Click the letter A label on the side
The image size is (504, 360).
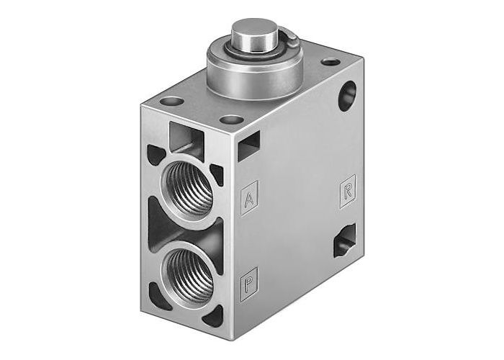pyautogui.click(x=248, y=199)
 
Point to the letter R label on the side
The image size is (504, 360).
pyautogui.click(x=347, y=193)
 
